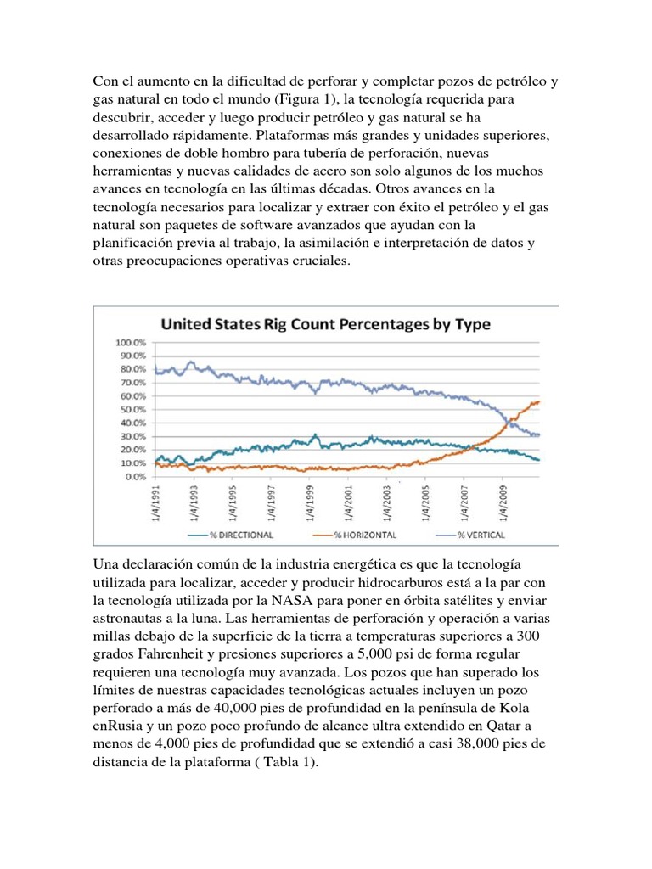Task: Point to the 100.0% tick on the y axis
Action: [132, 343]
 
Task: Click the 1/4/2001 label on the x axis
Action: [348, 505]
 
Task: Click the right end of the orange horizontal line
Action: [539, 401]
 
